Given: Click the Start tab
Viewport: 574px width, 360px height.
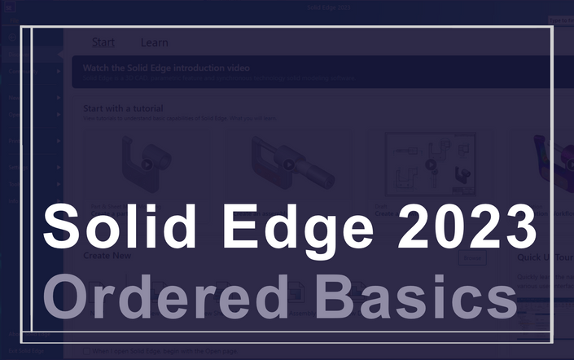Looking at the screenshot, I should point(103,42).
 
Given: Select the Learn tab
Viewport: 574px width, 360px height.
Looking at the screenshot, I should point(154,42).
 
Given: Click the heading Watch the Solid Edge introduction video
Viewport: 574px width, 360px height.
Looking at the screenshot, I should point(166,68).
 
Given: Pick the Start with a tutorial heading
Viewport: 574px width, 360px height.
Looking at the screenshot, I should point(123,108).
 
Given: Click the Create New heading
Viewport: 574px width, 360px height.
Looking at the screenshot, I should point(107,256).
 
